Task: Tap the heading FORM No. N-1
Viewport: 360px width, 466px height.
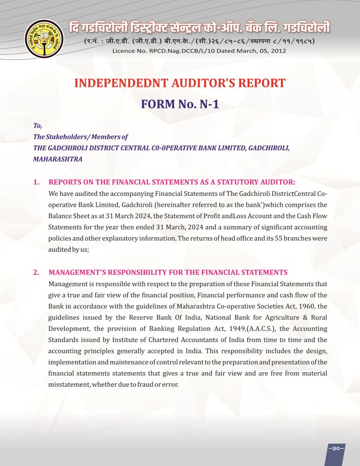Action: point(180,104)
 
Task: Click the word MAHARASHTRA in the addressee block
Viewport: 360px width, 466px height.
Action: point(58,159)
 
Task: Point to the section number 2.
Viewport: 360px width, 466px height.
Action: point(36,272)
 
